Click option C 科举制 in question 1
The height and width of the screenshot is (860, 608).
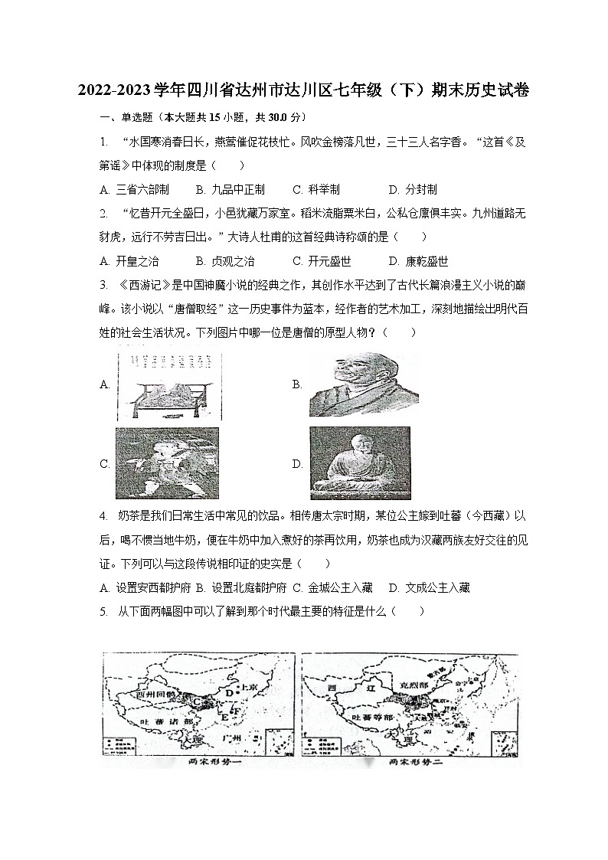pyautogui.click(x=316, y=189)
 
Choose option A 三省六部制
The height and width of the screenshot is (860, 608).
pyautogui.click(x=134, y=189)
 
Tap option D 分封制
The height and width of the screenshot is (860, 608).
pyautogui.click(x=412, y=189)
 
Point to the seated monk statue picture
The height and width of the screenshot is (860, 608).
pyautogui.click(x=359, y=463)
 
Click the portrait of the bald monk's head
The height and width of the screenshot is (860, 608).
pyautogui.click(x=359, y=384)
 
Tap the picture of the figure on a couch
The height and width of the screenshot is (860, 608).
pyautogui.click(x=165, y=384)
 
